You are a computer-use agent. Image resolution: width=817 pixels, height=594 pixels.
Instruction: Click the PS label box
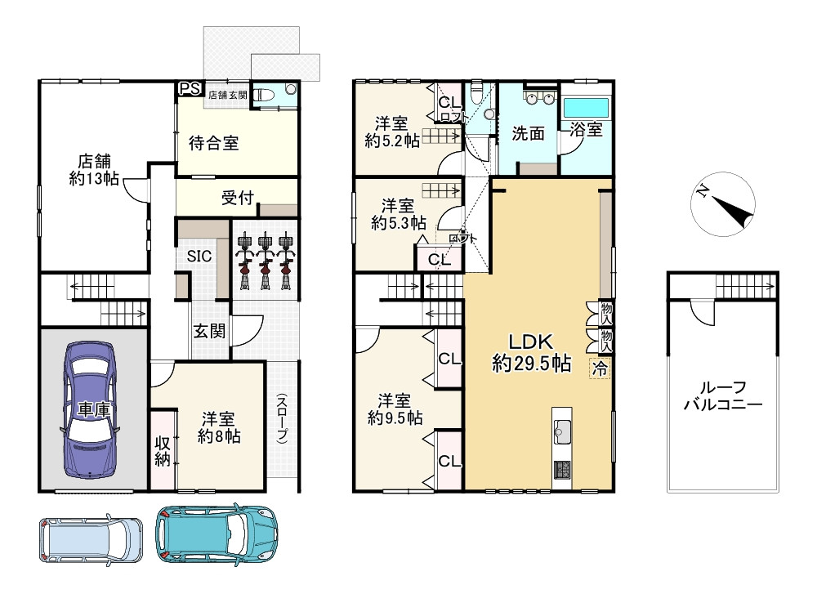point(190,88)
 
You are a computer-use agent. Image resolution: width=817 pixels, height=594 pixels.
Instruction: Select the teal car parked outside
point(217,534)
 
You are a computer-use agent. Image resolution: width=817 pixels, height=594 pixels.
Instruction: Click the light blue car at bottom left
point(91,540)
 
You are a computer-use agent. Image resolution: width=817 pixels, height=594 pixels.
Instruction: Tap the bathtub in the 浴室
point(587,108)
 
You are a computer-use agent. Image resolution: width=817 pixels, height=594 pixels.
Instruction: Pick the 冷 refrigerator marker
point(600,369)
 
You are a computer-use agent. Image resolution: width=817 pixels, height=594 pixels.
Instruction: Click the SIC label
point(199,256)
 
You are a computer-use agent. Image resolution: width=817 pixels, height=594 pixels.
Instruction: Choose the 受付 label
point(238,198)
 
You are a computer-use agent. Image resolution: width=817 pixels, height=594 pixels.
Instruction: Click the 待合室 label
point(213,143)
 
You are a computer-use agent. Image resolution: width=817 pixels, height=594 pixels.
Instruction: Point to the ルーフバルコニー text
point(723,395)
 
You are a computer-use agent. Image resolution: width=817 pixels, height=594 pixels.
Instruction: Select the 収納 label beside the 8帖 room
point(163,451)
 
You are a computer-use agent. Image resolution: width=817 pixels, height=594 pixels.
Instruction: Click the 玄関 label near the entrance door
point(209,331)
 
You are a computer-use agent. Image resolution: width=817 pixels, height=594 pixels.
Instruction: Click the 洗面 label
point(528,133)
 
